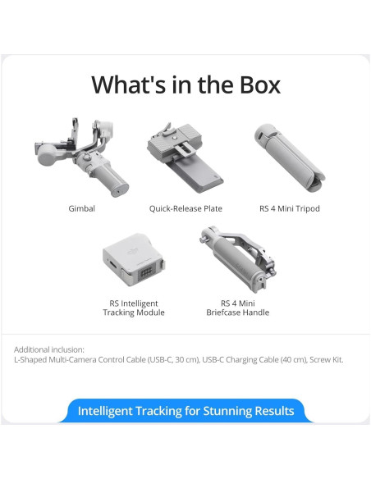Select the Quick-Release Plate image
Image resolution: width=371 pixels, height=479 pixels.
[185, 156]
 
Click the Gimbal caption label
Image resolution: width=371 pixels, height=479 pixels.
[81, 208]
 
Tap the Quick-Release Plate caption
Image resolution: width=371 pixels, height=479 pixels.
[185, 208]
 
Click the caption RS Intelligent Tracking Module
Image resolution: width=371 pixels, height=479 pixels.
[133, 307]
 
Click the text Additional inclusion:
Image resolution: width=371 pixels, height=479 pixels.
[48, 349]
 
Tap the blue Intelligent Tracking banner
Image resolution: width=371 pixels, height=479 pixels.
[185, 411]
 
